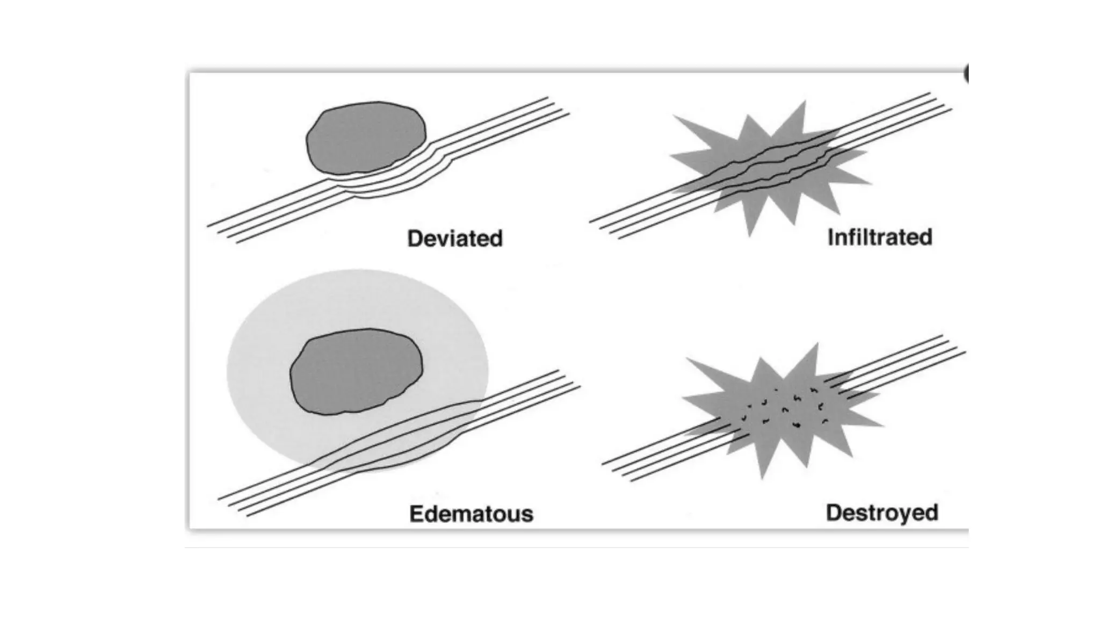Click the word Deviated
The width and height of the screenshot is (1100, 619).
(455, 239)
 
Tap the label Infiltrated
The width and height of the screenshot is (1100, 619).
(880, 237)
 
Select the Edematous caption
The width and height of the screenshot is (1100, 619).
(471, 514)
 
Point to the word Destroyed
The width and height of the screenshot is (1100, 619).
(882, 513)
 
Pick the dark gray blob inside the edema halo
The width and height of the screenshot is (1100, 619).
(356, 371)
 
